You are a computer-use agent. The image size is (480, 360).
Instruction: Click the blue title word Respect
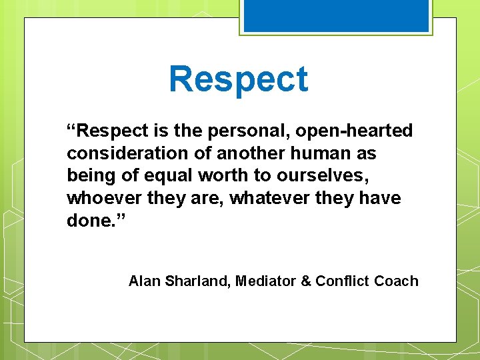[239, 79]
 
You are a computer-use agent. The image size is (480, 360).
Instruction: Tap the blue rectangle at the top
[336, 15]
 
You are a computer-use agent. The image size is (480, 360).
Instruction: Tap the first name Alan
[144, 281]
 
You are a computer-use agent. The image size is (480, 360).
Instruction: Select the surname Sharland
[197, 281]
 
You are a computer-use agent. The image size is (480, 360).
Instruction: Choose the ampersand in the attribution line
[306, 281]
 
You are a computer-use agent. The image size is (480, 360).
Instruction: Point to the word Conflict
[343, 281]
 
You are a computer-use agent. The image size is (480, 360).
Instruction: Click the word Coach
[396, 281]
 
